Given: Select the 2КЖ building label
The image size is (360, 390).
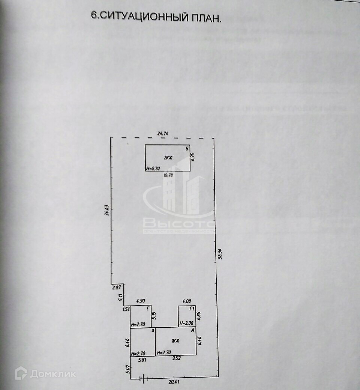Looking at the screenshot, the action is tap(168, 158).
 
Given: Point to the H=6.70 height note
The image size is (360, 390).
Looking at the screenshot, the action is tap(153, 169).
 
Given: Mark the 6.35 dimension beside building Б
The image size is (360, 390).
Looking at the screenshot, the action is tap(192, 157).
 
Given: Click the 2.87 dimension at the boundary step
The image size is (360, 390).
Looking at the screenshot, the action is tap(116, 288).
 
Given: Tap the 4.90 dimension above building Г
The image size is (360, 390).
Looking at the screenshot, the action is tap(141, 301).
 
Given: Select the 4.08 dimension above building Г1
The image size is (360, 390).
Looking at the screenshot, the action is tap(186, 301).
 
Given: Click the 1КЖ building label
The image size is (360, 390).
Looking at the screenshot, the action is tap(175, 341).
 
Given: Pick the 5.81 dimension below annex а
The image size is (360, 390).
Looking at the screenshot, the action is tap(142, 359).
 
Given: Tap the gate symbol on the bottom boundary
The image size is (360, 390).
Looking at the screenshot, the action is tap(144, 378).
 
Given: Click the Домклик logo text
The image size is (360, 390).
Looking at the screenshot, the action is tap(53, 374).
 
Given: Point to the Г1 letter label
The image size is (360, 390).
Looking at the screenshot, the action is tap(192, 309).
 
